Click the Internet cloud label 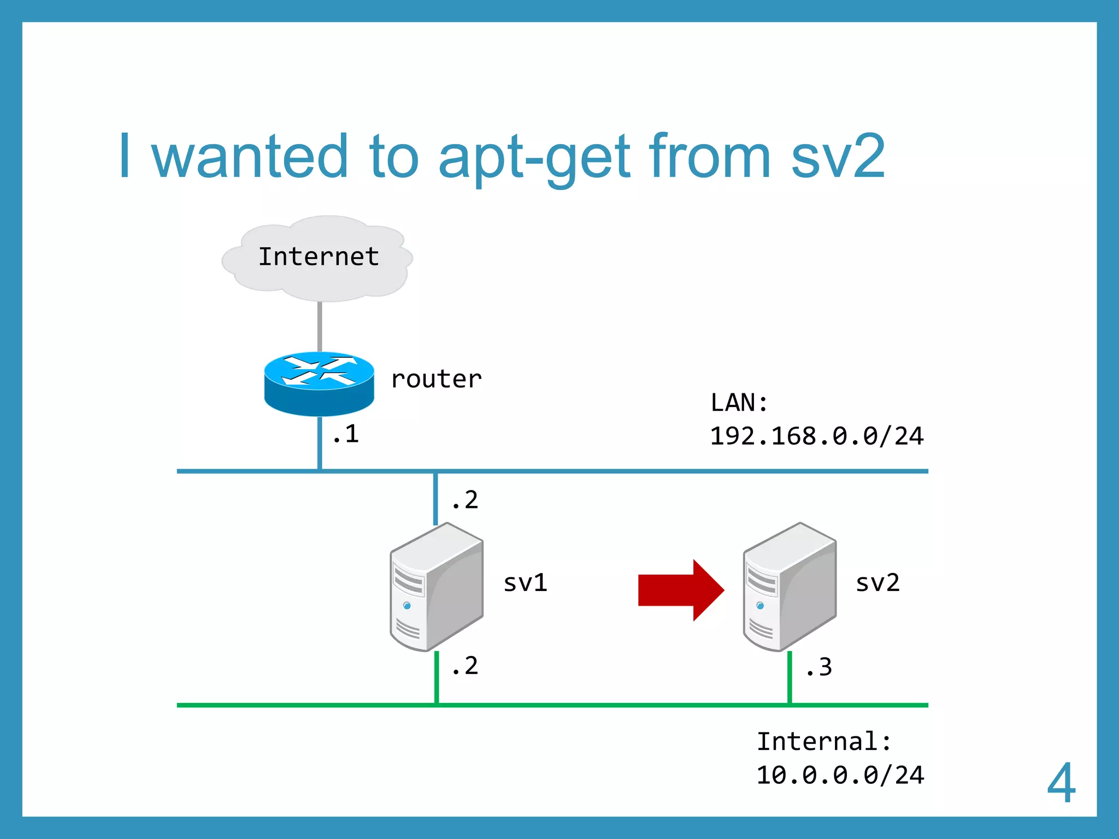[319, 257]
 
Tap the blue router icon [319, 383]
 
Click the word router [436, 379]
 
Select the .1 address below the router [346, 435]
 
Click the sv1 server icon [437, 587]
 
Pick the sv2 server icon [790, 587]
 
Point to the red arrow [680, 590]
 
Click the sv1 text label [525, 583]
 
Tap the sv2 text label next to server [877, 583]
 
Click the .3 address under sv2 [819, 667]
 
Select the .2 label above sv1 [465, 500]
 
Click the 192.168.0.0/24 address [816, 436]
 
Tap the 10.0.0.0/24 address [840, 776]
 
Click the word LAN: [739, 403]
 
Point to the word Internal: [823, 742]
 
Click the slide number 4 [1061, 783]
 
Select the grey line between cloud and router [320, 327]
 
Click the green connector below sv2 [790, 677]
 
